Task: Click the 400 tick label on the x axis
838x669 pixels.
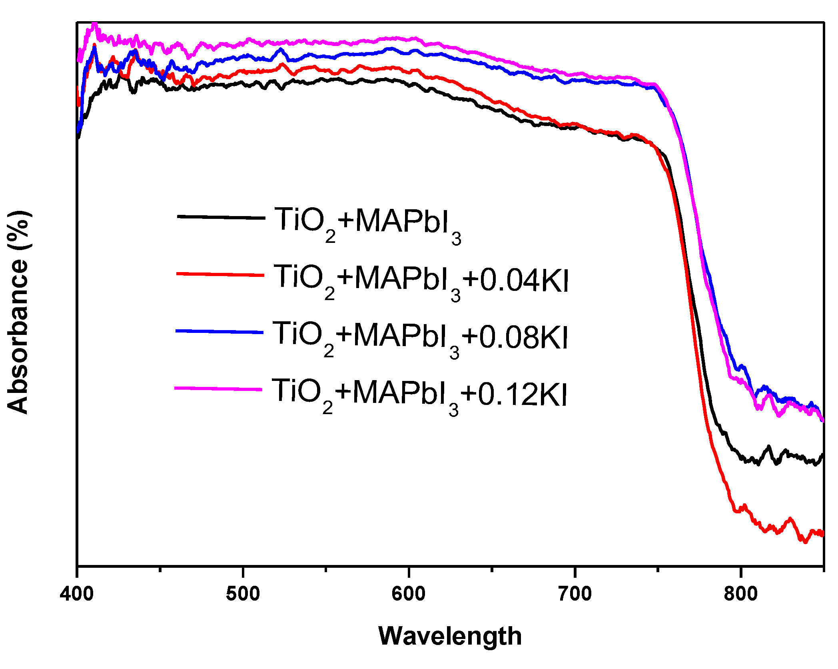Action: coord(77,594)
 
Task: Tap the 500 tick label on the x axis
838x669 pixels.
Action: coord(243,594)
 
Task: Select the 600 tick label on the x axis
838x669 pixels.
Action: coord(409,594)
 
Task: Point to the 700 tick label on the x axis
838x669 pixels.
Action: coord(575,594)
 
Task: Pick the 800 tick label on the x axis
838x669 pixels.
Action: coord(740,594)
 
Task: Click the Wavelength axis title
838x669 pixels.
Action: coord(450,636)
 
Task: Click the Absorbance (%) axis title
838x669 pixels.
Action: coord(18,312)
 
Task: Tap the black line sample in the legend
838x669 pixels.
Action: coord(221,217)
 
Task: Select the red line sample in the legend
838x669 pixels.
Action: coord(220,274)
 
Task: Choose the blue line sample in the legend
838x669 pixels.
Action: coord(219,332)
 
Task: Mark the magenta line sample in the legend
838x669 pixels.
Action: coord(218,389)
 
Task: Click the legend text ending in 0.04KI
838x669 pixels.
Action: coord(421,280)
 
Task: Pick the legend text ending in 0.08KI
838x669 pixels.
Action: coord(420,337)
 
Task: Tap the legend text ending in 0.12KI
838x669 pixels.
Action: coord(419,395)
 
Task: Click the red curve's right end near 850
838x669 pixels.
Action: coord(822,534)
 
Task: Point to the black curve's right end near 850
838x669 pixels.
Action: coord(822,456)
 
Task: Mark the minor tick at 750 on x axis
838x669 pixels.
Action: coord(658,569)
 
